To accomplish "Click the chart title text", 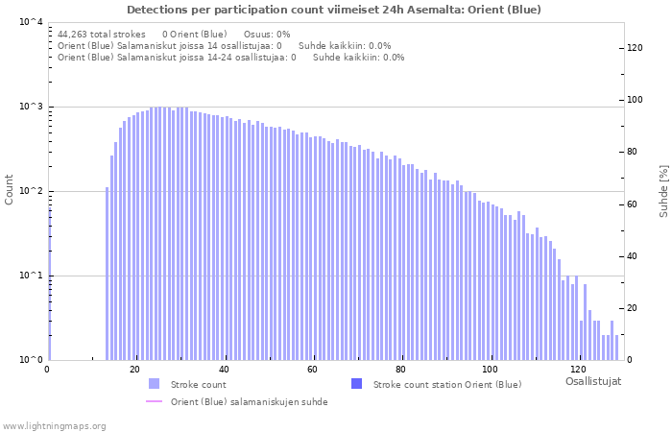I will (x=333, y=10).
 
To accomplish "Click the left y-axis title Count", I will (x=10, y=189).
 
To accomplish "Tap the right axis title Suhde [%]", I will (x=663, y=189).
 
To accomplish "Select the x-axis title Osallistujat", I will (x=592, y=381).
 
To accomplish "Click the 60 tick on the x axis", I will (x=312, y=370).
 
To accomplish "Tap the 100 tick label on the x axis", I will (x=490, y=370).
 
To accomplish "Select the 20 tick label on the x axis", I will (x=134, y=370).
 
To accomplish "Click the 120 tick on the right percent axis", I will (x=635, y=47).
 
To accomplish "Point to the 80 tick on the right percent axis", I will (x=633, y=152).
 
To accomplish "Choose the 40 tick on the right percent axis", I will (x=633, y=256).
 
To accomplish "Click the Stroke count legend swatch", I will (x=155, y=384).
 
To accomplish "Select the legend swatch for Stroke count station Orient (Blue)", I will (x=357, y=384).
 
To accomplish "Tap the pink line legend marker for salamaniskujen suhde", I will (x=155, y=402).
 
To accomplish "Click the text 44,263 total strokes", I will (x=101, y=34).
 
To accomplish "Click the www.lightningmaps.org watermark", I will (x=54, y=425).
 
